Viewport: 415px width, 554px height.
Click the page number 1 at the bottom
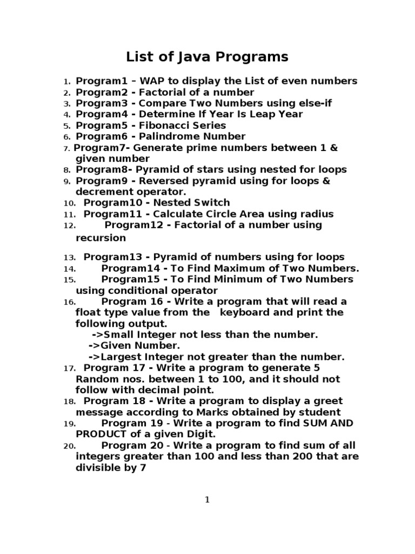(x=207, y=500)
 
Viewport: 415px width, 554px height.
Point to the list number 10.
(x=69, y=203)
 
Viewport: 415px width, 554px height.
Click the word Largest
(x=122, y=357)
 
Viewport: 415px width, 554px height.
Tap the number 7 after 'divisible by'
(x=143, y=468)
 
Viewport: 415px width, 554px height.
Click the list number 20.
(x=69, y=446)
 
